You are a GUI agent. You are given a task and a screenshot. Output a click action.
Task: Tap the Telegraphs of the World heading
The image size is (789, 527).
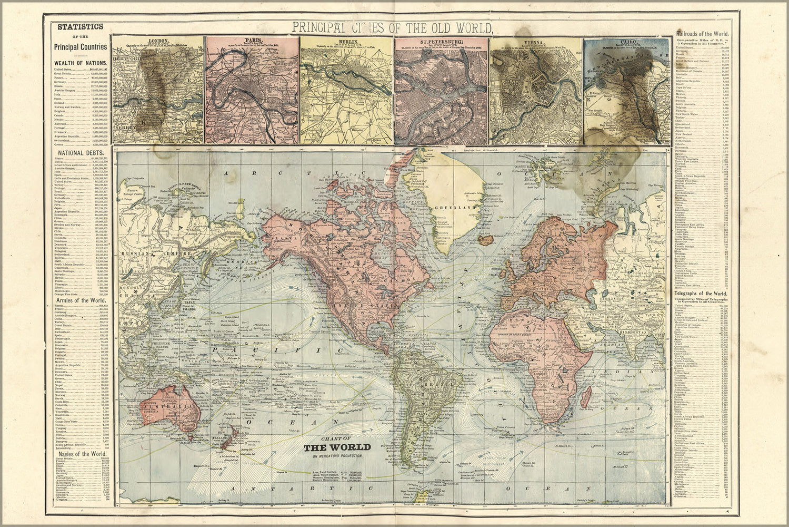(701, 293)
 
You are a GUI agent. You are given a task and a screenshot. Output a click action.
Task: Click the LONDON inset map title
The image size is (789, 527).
(157, 41)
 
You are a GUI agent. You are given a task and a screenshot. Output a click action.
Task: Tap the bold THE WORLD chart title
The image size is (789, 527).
(337, 447)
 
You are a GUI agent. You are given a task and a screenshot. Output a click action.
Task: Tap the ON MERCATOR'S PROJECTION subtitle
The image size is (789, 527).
(337, 456)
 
